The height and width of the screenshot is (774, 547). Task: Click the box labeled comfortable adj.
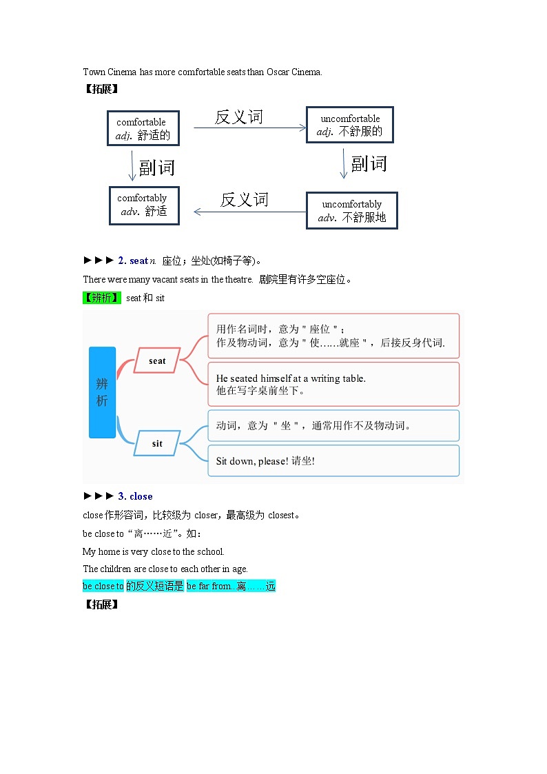143,128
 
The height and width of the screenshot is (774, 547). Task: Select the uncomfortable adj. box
349,125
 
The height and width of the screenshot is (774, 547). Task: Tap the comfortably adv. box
144,205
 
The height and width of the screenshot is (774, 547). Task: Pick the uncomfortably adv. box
351,210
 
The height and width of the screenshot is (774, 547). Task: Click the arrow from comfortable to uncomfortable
249,128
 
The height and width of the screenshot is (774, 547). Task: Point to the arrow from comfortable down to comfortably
132,165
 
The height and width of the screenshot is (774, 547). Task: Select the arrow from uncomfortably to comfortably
249,212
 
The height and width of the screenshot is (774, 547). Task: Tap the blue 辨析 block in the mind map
102,392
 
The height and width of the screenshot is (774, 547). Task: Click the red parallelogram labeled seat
157,360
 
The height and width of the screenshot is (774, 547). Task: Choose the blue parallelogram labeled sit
157,443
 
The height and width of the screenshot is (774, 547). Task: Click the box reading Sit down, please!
333,460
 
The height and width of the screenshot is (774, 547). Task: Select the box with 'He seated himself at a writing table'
333,384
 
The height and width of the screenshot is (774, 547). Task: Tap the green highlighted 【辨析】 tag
102,298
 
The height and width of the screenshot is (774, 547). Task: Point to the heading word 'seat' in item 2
138,261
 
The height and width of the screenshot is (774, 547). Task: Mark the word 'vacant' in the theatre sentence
152,279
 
